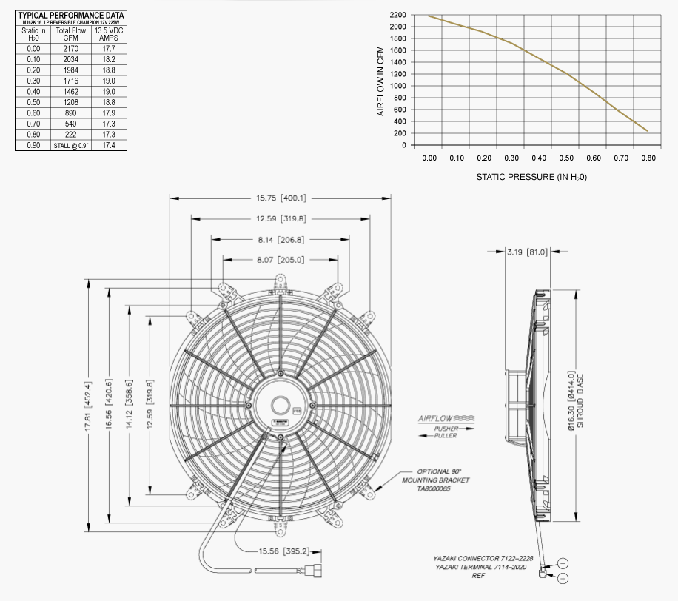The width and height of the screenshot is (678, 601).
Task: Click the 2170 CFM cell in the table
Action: [70, 48]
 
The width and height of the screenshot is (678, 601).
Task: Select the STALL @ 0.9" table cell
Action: [70, 146]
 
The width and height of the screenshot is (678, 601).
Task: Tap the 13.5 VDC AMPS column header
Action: [108, 34]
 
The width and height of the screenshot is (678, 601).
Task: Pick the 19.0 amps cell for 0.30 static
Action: [108, 81]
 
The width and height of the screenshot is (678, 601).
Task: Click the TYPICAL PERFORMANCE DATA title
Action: [70, 15]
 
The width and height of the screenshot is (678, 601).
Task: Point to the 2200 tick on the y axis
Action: [396, 15]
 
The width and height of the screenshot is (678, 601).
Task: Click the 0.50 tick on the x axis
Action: [566, 158]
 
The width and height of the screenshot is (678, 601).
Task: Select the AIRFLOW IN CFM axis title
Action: [381, 80]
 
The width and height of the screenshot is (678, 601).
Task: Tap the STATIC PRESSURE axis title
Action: [531, 177]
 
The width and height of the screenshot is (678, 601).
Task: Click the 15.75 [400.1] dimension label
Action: [281, 198]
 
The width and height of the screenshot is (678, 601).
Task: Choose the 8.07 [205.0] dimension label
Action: [280, 260]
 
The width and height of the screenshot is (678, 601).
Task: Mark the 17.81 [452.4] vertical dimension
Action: [89, 406]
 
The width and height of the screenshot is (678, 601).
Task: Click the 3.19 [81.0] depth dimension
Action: [527, 252]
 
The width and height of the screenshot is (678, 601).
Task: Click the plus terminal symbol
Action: [563, 577]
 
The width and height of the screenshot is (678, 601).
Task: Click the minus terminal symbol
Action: [563, 563]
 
